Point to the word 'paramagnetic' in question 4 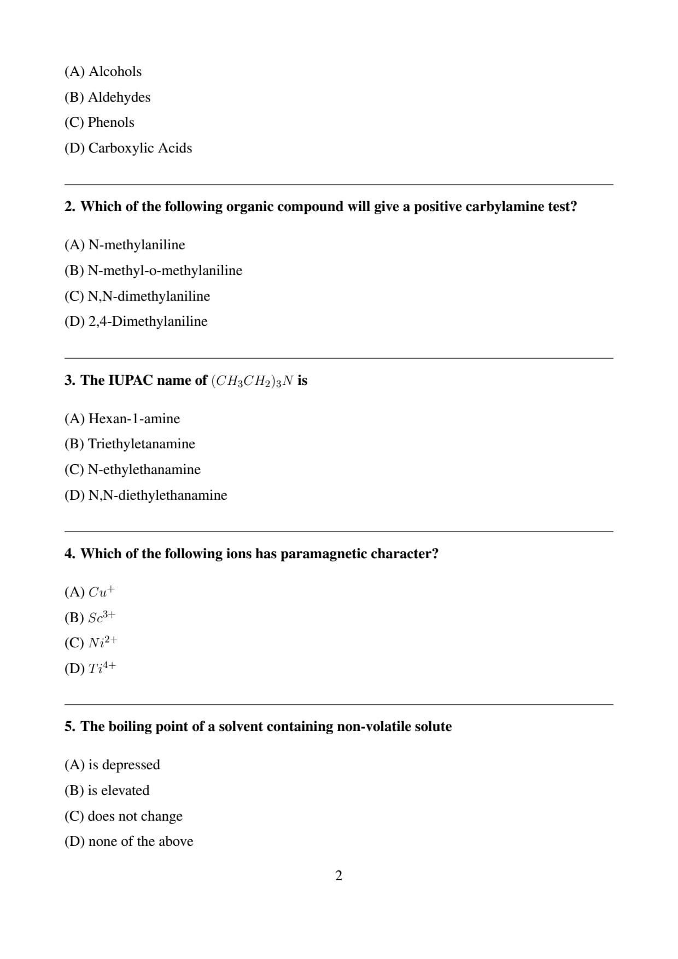(323, 554)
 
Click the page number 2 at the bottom (338, 876)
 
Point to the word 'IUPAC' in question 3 (131, 381)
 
